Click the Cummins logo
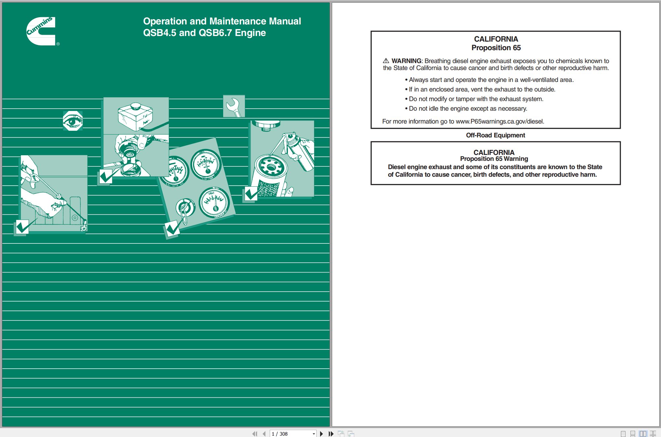[x=41, y=31]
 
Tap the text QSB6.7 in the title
[x=215, y=33]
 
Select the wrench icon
[x=234, y=106]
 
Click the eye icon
[x=73, y=121]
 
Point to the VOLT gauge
[x=214, y=202]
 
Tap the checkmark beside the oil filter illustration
[x=251, y=194]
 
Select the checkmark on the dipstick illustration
[x=22, y=227]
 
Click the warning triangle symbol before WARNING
[x=386, y=61]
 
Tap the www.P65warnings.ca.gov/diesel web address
[x=500, y=121]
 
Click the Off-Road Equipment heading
[x=495, y=135]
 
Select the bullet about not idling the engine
[x=468, y=108]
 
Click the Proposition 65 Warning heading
[x=494, y=159]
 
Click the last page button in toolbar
[x=331, y=434]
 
